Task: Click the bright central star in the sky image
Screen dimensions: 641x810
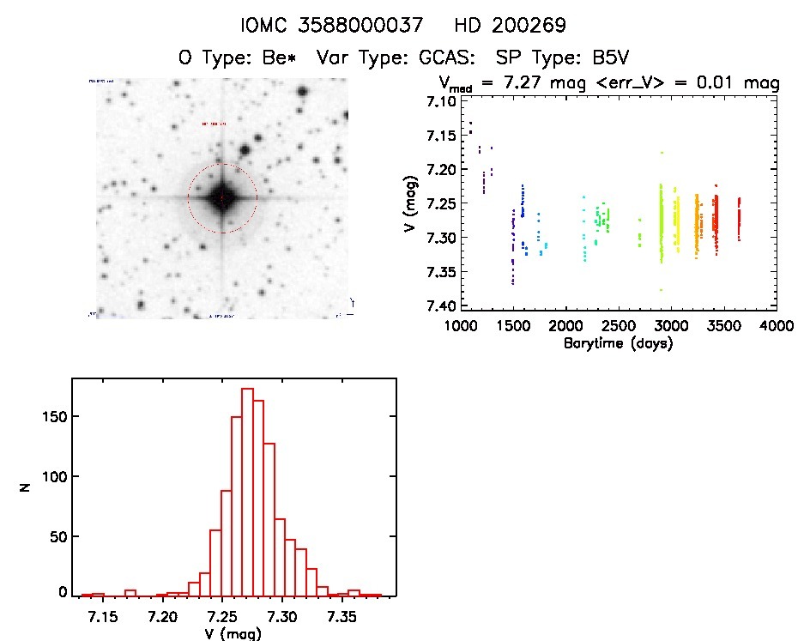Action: click(221, 198)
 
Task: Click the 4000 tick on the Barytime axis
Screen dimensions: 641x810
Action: click(777, 325)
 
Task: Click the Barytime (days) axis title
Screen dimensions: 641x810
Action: click(618, 342)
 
